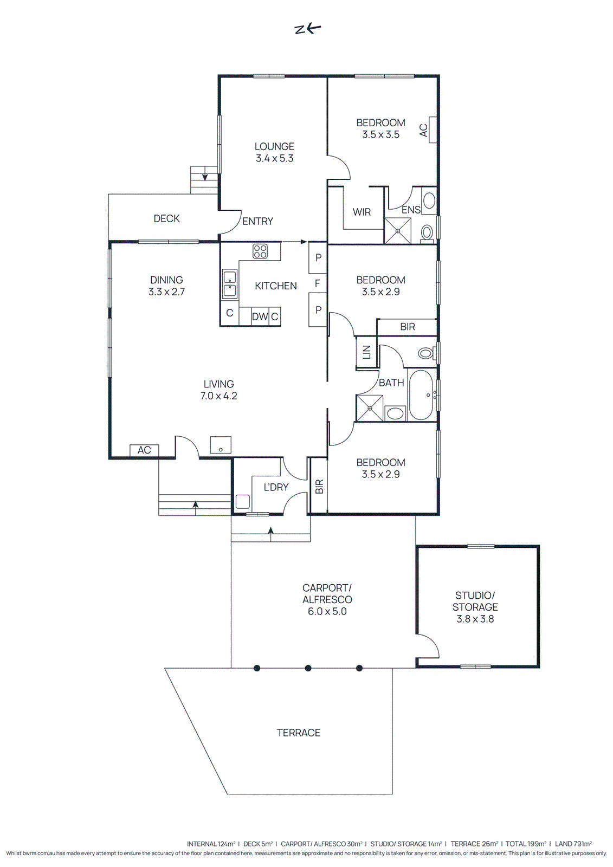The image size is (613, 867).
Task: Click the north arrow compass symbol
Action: coord(307,29)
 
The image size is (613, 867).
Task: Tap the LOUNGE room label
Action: coord(274,146)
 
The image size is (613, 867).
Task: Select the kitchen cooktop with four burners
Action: coord(260,251)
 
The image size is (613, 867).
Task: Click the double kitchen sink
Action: coord(230,284)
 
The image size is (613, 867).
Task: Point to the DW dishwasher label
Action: coord(260,316)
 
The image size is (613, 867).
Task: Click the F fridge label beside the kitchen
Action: coord(318,283)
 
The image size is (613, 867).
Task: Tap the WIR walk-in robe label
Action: coord(362,212)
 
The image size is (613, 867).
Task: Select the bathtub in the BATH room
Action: coord(421,394)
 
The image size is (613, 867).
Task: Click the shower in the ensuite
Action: coord(397,231)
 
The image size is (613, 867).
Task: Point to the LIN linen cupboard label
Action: coord(366,352)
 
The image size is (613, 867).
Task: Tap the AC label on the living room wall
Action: coord(144,450)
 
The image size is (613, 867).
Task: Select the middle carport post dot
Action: coord(308,668)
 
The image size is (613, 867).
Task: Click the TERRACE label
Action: coord(298,733)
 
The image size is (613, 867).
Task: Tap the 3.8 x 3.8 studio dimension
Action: coord(475,619)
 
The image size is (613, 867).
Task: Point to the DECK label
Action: coord(166,218)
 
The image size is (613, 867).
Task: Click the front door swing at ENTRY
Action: coord(231,222)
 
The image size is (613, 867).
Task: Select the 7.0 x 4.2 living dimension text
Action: coord(218,396)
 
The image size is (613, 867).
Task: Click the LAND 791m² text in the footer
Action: coord(573,844)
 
